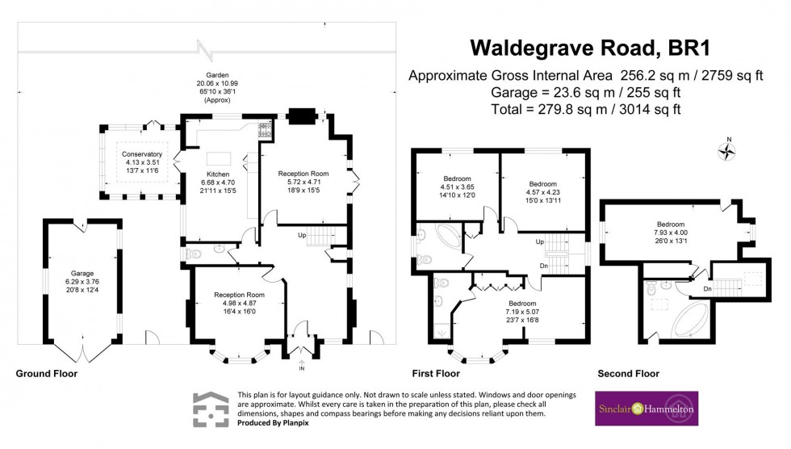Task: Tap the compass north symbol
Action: (728, 149)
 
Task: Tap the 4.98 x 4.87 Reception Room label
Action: (239, 304)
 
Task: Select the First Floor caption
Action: (435, 374)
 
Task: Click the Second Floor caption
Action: (628, 374)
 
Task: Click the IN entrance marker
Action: (302, 368)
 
